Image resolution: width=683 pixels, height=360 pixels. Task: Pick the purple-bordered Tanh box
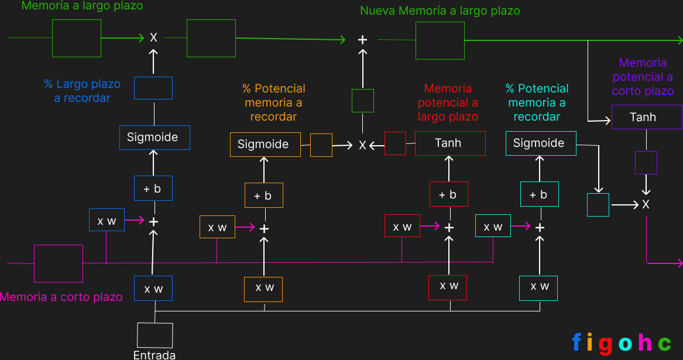click(646, 117)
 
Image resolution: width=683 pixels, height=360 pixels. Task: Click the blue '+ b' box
click(153, 188)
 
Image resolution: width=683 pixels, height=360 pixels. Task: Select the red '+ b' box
click(449, 194)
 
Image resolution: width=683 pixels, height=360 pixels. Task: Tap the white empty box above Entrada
click(155, 335)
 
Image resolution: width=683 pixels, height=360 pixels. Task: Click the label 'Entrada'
click(155, 355)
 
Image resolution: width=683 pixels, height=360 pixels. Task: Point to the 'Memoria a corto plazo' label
click(61, 297)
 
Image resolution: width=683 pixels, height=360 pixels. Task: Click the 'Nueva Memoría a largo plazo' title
click(440, 11)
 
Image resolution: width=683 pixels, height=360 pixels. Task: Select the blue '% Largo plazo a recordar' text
click(82, 91)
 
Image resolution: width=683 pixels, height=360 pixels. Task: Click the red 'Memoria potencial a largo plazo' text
click(448, 102)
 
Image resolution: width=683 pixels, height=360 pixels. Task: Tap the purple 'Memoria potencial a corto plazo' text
click(643, 77)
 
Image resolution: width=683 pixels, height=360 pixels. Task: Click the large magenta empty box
click(59, 263)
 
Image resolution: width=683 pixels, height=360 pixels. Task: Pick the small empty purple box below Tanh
click(646, 163)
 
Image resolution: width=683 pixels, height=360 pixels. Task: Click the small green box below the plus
click(363, 101)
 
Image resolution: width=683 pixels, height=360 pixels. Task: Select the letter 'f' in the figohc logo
click(577, 342)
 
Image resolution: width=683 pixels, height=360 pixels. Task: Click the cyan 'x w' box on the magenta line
click(493, 226)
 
